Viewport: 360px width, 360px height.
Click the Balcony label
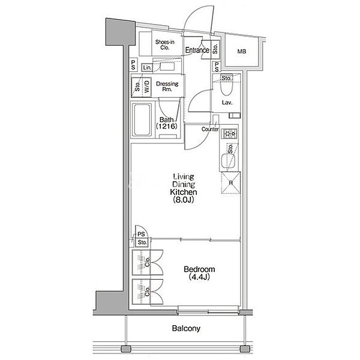pos(186,328)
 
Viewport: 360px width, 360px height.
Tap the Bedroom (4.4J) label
pos(199,273)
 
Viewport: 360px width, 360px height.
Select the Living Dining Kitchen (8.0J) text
pos(184,188)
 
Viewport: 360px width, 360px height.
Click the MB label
pos(242,52)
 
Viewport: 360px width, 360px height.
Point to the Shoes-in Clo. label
pos(165,45)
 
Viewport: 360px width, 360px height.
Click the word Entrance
pos(197,50)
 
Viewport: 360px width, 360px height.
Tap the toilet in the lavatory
pos(227,85)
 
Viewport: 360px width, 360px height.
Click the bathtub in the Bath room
pos(142,120)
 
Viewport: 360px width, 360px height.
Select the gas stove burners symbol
pos(230,133)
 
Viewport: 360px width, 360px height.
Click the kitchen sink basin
pos(228,161)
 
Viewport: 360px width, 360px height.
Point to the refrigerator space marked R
pos(231,183)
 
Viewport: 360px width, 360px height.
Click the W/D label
pos(147,86)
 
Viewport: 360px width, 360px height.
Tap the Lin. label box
pos(147,67)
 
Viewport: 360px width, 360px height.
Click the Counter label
pos(210,129)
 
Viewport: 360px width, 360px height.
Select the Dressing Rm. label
pos(167,86)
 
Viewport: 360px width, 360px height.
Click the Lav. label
pos(227,103)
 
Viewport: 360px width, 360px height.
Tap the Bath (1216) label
pos(166,123)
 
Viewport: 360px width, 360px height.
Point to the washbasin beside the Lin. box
pos(167,67)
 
